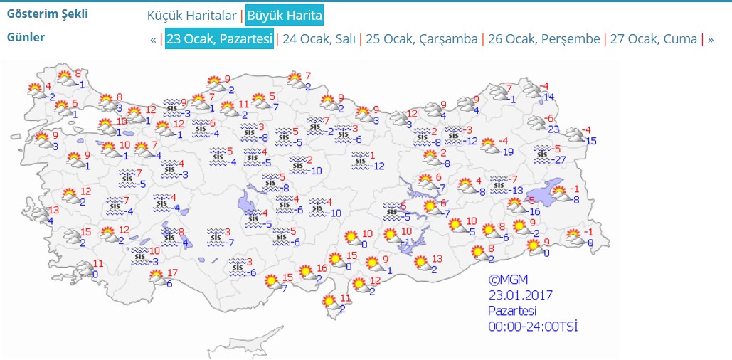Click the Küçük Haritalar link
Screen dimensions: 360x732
(191, 15)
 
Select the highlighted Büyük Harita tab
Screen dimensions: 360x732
(285, 15)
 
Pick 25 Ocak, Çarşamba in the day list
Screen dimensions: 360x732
(422, 39)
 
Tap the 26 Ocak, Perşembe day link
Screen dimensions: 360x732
(544, 39)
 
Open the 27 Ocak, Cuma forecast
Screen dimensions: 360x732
(653, 39)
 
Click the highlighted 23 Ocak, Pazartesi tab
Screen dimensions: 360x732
(219, 39)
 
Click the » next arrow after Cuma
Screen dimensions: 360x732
(710, 39)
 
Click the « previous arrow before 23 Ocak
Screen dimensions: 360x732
(153, 39)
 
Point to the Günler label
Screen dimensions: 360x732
(26, 37)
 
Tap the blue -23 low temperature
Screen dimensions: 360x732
(553, 129)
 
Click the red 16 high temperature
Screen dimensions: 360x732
(322, 268)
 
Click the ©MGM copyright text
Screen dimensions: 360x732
(508, 280)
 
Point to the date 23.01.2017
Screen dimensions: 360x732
(520, 295)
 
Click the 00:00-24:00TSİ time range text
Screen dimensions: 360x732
(532, 327)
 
